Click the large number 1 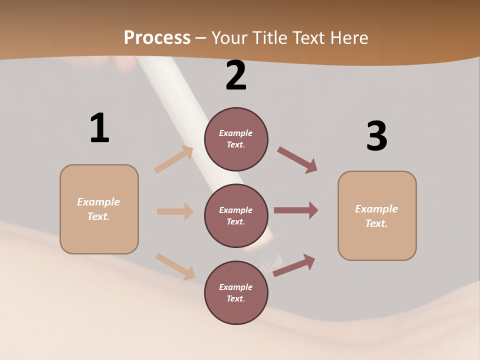click(99, 128)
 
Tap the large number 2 click(236, 75)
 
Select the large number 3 click(376, 136)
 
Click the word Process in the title click(157, 37)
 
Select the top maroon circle click(236, 139)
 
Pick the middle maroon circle click(236, 215)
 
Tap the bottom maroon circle click(236, 292)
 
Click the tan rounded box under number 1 click(99, 209)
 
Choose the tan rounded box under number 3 click(377, 216)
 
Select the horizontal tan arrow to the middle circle click(175, 211)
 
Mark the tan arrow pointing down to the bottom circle click(175, 266)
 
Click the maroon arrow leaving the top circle click(297, 160)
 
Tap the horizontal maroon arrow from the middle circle click(296, 210)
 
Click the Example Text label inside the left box click(98, 209)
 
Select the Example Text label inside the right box click(376, 216)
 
